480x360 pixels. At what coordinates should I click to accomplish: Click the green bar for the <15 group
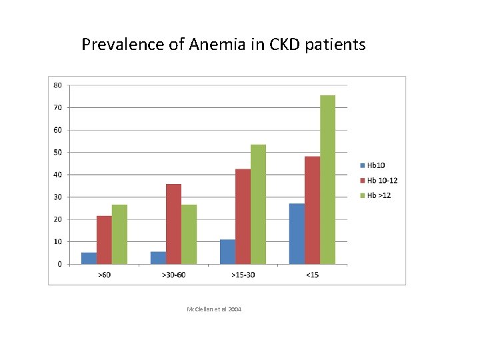327,180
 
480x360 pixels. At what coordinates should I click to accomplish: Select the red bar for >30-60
173,224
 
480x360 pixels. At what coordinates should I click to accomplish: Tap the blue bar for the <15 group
297,234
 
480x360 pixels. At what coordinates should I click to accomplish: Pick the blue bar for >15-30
227,252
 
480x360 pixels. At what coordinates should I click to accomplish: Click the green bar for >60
119,234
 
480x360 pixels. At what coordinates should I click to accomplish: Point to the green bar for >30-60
189,234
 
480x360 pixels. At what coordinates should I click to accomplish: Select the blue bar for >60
89,258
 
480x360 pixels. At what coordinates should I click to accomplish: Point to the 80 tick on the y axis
58,85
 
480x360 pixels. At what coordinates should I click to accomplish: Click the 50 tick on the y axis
58,152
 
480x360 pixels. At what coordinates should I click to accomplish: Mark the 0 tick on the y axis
60,264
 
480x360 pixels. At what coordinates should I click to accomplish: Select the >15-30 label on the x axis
243,275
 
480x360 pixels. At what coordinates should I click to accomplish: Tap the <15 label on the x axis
312,275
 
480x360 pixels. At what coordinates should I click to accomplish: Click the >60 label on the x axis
104,275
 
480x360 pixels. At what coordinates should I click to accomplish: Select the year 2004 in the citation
234,309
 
